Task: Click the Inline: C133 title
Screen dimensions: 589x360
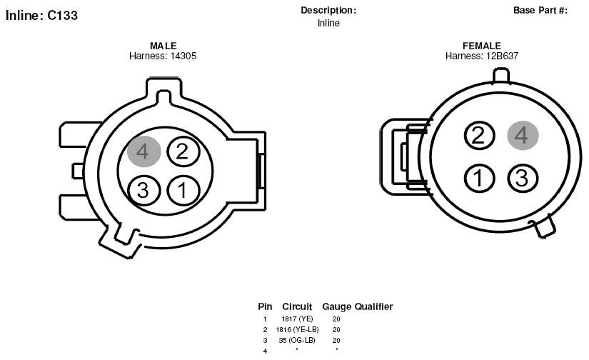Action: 41,16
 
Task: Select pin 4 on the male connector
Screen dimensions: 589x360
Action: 144,151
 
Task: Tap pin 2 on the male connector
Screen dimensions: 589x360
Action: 183,151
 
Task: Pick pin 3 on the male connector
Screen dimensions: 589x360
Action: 144,190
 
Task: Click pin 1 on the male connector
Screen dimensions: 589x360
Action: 183,190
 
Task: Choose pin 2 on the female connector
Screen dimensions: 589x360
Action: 479,135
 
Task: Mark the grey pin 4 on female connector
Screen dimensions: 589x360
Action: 523,135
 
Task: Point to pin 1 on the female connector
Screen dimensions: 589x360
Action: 479,178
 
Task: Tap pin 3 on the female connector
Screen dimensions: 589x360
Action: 523,178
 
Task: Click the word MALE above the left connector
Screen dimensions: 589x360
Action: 163,46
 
